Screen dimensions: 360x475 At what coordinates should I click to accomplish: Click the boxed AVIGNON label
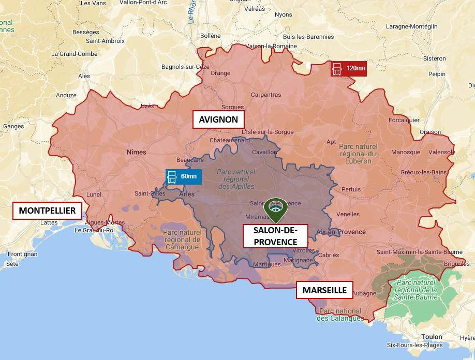click(218, 119)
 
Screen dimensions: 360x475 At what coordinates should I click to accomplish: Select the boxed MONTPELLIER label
click(47, 211)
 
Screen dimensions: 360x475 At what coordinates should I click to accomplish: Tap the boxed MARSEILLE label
click(324, 290)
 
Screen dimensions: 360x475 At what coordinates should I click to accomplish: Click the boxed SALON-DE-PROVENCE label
click(275, 236)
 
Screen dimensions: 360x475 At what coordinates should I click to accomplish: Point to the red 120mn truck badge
click(349, 68)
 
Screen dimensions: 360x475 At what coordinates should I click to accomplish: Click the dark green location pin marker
click(276, 209)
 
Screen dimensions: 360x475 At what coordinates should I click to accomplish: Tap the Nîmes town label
click(136, 152)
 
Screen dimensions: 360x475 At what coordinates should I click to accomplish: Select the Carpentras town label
click(266, 95)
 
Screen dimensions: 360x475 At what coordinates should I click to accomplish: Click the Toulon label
click(432, 337)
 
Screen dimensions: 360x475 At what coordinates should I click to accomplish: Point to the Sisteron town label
click(434, 58)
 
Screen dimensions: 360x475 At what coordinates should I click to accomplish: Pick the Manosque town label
click(405, 153)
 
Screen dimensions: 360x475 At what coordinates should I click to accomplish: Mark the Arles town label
click(186, 194)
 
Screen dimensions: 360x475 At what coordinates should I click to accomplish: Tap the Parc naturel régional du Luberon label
click(358, 154)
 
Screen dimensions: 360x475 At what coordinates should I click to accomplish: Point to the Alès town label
click(84, 76)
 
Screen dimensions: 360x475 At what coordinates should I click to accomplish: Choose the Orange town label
click(220, 73)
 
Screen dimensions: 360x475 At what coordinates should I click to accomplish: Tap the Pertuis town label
click(351, 189)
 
